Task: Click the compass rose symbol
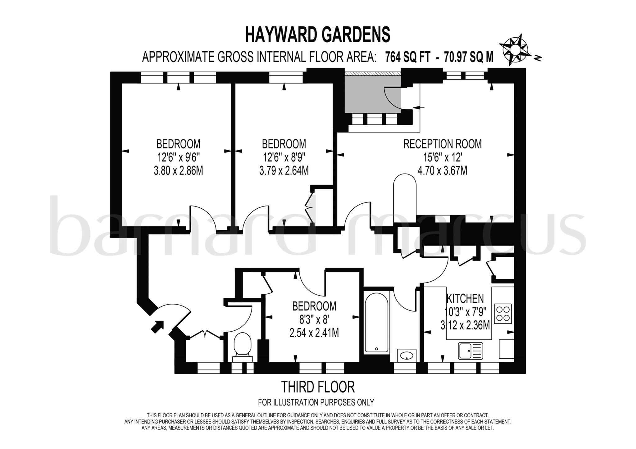coord(515,50)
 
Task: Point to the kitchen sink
coord(470,351)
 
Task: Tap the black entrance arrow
coord(157,327)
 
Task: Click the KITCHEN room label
coord(465,298)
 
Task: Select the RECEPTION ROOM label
coord(442,144)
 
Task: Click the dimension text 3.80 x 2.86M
coord(178,171)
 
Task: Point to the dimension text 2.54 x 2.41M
coord(314,333)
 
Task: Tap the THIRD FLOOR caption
coord(318,387)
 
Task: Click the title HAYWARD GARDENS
coord(318,34)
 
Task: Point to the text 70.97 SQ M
coord(469,57)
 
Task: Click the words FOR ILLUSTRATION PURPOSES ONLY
coord(316,402)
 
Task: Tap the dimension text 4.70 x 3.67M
coord(442,171)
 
